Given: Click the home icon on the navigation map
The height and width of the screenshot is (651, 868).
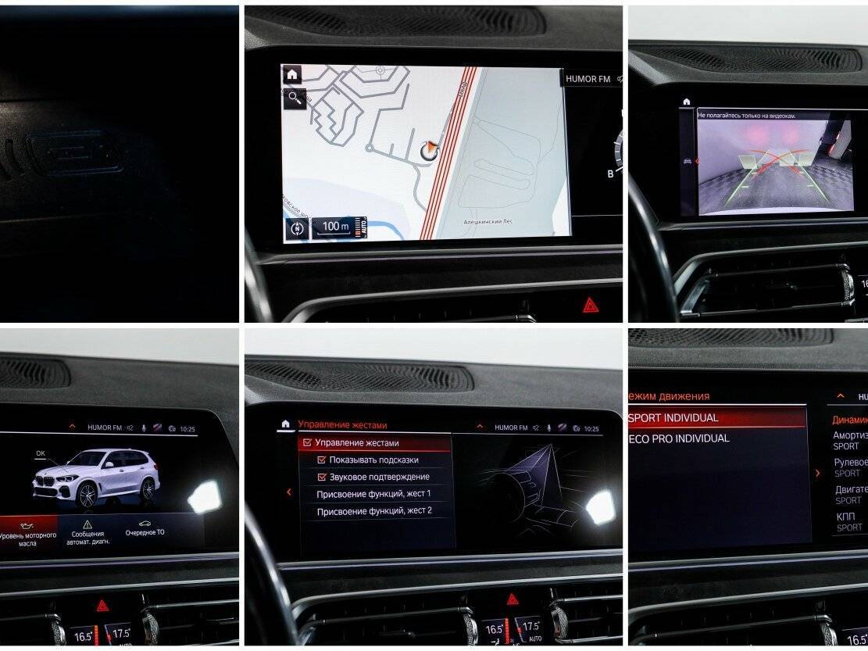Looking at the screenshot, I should [x=292, y=75].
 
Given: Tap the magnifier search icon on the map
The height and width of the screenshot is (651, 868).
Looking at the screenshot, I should [x=294, y=98].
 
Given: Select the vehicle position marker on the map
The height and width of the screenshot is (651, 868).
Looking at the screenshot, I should [x=427, y=149].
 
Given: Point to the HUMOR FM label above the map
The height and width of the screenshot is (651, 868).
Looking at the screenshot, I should [x=588, y=79].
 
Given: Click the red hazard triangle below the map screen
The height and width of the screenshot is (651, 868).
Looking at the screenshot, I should [x=591, y=305].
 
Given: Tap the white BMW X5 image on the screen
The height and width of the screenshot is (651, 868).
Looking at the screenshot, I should [x=96, y=478].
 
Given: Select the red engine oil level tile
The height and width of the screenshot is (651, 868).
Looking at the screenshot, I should [x=28, y=535].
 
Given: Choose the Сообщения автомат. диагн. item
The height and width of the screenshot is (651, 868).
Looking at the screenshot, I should [x=88, y=535].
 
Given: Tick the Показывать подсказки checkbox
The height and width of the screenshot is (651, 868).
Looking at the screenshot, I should [x=322, y=460].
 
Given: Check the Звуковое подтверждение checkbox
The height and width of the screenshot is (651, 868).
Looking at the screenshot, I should [x=322, y=477].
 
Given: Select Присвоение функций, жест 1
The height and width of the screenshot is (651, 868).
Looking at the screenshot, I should [x=373, y=494].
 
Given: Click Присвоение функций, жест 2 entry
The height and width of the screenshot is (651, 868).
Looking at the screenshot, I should [x=373, y=511].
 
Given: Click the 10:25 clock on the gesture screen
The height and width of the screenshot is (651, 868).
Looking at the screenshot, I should [x=591, y=428].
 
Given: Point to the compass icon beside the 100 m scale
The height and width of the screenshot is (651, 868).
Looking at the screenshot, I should [x=297, y=229].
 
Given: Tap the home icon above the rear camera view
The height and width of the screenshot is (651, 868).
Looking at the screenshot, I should [x=687, y=102].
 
